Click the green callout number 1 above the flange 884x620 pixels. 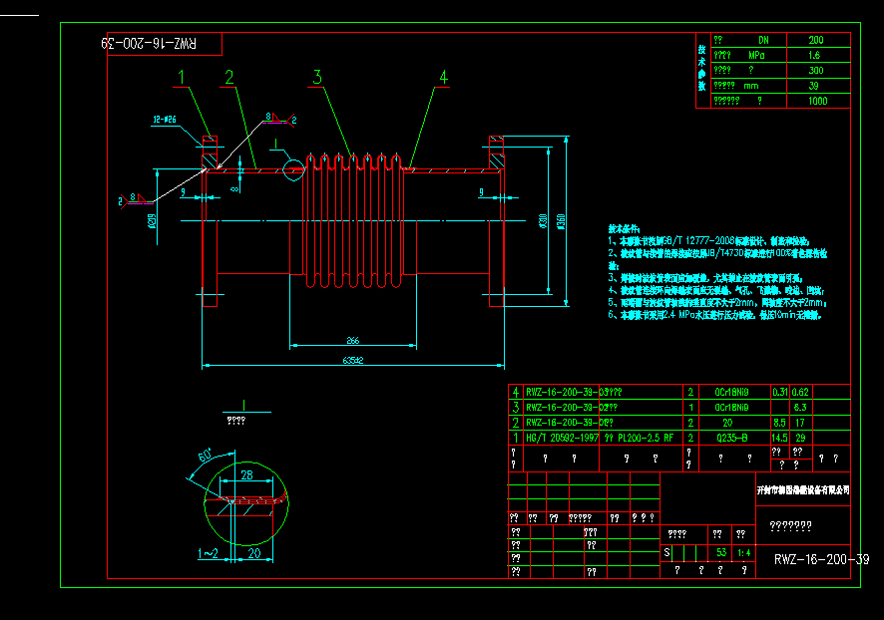[183, 76]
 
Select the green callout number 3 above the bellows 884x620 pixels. [316, 77]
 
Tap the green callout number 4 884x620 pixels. [443, 76]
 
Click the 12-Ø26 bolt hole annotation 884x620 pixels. [165, 120]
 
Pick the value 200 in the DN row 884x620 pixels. [815, 40]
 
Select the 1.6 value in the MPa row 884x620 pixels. [815, 56]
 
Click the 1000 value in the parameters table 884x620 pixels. [817, 101]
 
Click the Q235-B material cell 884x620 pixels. [730, 437]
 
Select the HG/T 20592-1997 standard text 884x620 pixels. [565, 437]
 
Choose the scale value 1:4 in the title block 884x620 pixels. [744, 551]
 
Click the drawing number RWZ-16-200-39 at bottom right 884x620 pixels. [821, 560]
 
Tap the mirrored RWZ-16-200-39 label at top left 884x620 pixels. [151, 45]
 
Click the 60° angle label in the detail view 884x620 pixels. [204, 457]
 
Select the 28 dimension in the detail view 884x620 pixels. [245, 474]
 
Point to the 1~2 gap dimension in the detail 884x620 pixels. [208, 552]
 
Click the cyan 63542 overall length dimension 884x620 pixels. [351, 360]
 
